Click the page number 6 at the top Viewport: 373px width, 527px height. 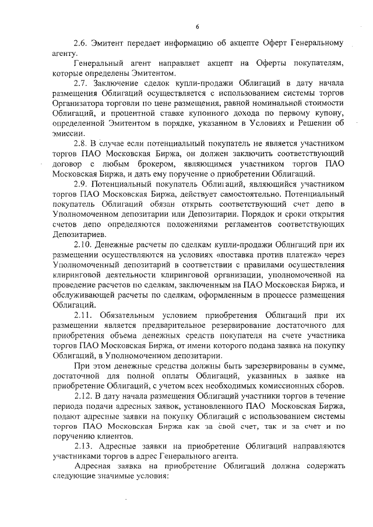(198, 26)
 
